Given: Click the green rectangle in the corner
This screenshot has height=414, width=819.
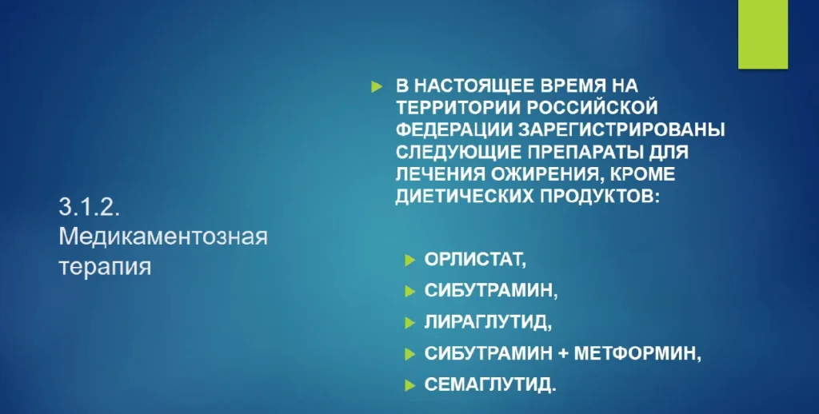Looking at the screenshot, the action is (762, 34).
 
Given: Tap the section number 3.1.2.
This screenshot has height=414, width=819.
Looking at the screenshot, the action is (90, 208).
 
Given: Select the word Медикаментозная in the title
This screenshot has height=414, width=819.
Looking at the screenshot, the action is (163, 237).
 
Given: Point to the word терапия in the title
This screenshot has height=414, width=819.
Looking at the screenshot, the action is (105, 267).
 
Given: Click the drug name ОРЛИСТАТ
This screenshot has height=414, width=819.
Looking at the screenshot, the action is (475, 260).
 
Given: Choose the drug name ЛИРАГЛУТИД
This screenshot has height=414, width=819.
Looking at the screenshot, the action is (488, 322).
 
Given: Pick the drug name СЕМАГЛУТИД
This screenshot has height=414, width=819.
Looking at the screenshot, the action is (490, 384).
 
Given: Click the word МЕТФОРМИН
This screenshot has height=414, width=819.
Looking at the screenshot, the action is (637, 353).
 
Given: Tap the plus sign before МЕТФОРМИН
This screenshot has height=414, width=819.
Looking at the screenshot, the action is (562, 354).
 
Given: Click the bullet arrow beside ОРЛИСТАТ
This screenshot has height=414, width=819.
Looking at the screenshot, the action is (410, 260).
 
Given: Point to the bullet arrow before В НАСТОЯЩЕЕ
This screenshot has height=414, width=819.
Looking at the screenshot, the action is (377, 86).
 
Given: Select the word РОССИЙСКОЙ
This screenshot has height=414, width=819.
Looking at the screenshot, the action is (593, 107).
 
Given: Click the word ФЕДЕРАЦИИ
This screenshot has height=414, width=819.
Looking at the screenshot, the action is (447, 129).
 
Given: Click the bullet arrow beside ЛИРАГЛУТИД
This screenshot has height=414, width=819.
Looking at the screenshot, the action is (410, 323).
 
